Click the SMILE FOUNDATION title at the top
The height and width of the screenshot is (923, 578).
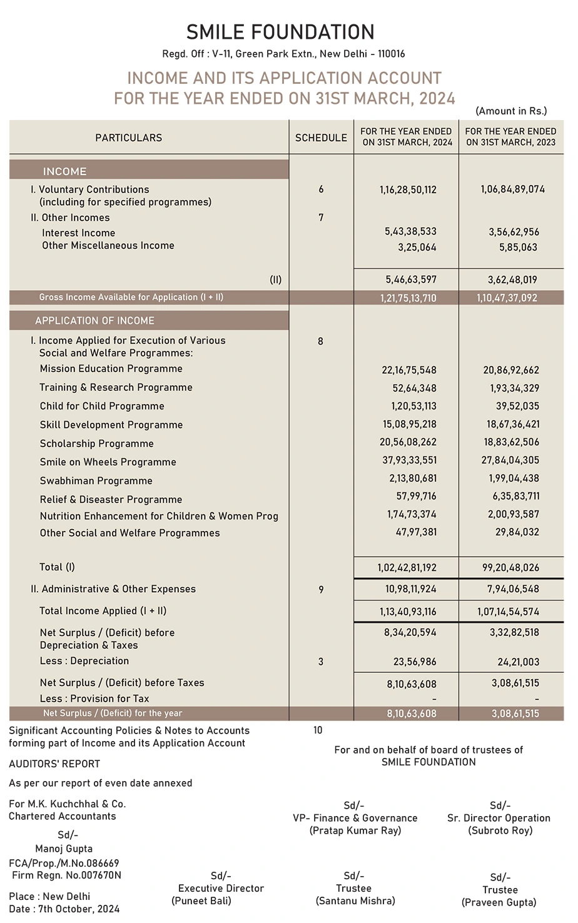pyautogui.click(x=280, y=32)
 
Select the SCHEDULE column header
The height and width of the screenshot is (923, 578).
pyautogui.click(x=321, y=138)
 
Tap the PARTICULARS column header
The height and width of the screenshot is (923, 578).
pyautogui.click(x=128, y=138)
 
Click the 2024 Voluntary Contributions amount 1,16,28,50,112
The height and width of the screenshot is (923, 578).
pyautogui.click(x=408, y=189)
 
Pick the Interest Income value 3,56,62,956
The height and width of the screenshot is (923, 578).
pyautogui.click(x=514, y=232)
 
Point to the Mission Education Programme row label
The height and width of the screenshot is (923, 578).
pyautogui.click(x=111, y=369)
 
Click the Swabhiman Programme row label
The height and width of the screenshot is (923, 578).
pyautogui.click(x=96, y=481)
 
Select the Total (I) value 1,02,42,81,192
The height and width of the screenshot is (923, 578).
pyautogui.click(x=407, y=568)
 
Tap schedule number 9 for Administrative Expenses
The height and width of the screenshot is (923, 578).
pyautogui.click(x=321, y=589)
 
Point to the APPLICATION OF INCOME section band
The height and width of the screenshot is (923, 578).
pyautogui.click(x=94, y=321)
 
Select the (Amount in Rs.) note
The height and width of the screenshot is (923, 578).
pyautogui.click(x=511, y=111)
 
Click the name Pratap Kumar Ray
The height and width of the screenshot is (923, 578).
pyautogui.click(x=355, y=830)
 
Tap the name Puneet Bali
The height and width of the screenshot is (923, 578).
pyautogui.click(x=201, y=901)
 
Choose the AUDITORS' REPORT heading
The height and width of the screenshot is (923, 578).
pyautogui.click(x=54, y=764)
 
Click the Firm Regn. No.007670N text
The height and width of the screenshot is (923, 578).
pyautogui.click(x=65, y=875)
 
